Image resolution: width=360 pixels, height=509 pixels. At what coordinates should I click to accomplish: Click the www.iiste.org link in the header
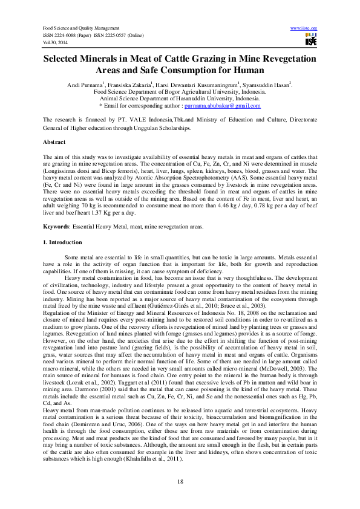(x=304, y=28)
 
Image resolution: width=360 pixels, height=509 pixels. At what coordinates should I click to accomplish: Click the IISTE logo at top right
(x=311, y=40)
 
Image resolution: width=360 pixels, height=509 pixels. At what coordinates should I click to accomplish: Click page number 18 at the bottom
(x=180, y=481)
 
